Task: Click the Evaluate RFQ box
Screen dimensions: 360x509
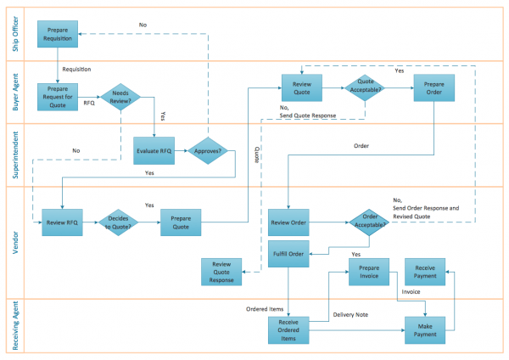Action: click(154, 150)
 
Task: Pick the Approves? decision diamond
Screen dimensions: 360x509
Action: click(209, 150)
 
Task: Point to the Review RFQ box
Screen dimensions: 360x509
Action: click(62, 222)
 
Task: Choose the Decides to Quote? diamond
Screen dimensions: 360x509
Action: click(118, 222)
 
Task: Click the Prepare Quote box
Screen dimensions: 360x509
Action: click(181, 222)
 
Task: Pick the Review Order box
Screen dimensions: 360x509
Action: click(289, 222)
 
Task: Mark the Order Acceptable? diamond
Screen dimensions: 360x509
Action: click(370, 222)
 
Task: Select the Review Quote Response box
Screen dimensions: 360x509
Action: click(221, 272)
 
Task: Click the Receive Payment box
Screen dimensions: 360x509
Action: click(425, 272)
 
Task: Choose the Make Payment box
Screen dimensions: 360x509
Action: click(425, 329)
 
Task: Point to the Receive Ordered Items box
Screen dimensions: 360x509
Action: click(289, 329)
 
